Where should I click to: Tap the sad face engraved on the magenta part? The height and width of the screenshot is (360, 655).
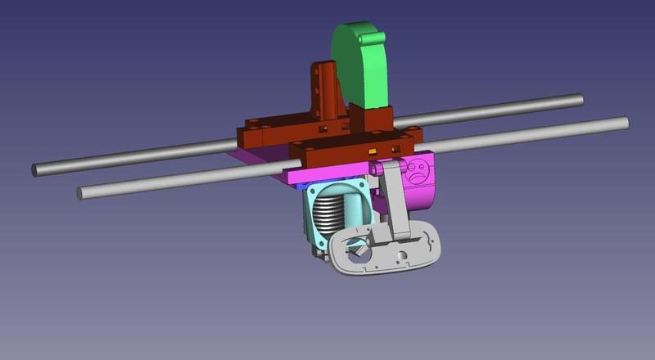418,171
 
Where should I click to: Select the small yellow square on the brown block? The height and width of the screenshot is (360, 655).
373,151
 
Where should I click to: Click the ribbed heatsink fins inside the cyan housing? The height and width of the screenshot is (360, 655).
332,216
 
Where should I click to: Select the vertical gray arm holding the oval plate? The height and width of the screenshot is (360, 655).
397,205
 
